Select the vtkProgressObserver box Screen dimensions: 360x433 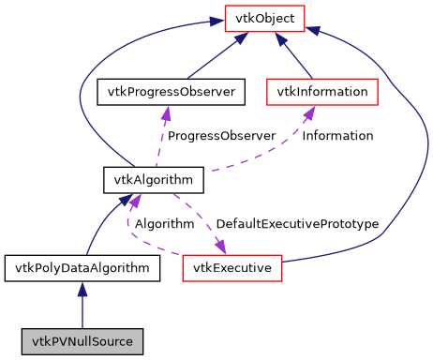coord(172,92)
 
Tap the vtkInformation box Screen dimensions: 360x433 coord(322,92)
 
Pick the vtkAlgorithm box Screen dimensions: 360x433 coord(140,179)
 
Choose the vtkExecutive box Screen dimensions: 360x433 coord(232,268)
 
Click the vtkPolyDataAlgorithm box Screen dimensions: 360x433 coord(82,268)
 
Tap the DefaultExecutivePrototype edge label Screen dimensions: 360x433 coord(297,224)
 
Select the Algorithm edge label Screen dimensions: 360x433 coord(164,224)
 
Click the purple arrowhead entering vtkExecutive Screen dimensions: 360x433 coord(222,247)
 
